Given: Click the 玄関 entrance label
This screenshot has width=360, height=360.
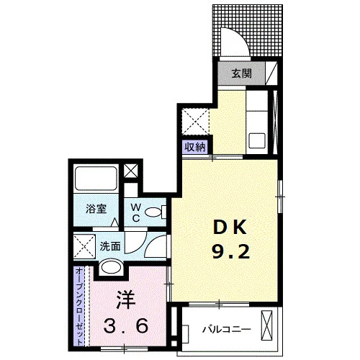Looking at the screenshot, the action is tap(242, 73).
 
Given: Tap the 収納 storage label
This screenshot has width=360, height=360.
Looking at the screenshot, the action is tap(196, 147).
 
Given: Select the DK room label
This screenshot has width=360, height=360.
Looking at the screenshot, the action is tap(230, 227).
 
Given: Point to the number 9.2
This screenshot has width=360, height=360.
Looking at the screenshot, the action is tap(231, 251).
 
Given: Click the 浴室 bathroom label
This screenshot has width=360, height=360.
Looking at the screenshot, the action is tap(96, 209).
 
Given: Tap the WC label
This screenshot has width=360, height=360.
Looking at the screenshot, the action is tap(136, 212).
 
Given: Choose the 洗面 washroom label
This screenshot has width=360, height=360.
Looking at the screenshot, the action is tap(110, 246).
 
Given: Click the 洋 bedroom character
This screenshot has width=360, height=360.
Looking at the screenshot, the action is tap(126, 300).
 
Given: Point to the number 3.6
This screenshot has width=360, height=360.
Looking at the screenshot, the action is tap(126, 325).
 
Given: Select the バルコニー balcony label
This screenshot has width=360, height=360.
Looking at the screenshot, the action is tap(226, 329).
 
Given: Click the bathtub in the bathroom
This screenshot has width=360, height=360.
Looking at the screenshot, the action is tap(96, 179).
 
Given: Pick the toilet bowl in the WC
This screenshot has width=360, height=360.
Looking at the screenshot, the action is tap(153, 212).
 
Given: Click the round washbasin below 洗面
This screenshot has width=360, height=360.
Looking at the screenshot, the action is tap(111, 266).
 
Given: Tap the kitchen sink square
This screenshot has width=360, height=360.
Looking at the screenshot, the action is tap(257, 141).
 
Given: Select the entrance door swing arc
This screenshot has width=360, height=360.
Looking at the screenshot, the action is tap(238, 37).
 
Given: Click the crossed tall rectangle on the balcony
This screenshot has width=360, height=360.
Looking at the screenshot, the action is tap(267, 325).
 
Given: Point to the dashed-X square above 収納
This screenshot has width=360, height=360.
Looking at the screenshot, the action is tap(195, 122).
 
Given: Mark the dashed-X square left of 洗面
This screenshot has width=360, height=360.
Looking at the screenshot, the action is tap(84, 247).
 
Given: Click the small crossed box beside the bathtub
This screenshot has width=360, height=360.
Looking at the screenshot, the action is tap(130, 171).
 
